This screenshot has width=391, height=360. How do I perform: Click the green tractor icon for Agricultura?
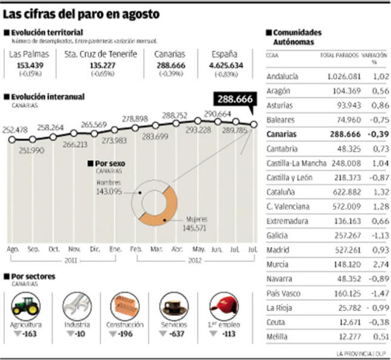tap(26, 306)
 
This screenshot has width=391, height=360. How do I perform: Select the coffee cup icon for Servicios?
tap(174, 306)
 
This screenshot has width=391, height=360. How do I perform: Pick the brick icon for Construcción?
tap(125, 306)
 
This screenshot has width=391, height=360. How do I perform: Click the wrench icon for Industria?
tap(77, 306)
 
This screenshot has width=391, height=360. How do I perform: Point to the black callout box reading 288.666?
tap(235, 99)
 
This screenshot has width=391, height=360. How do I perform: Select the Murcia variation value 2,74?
tap(381, 264)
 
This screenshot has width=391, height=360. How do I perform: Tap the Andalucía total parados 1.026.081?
tap(344, 77)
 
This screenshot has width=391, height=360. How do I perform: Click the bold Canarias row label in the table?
tap(281, 134)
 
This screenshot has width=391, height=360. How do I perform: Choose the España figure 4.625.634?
tap(226, 65)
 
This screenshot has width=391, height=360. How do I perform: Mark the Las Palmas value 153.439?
tap(30, 65)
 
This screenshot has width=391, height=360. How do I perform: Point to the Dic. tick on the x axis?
tap(95, 249)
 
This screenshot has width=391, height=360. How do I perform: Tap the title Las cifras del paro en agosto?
tap(81, 14)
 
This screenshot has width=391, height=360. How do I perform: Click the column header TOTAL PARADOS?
tap(339, 55)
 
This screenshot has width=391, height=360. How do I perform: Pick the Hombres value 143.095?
tap(109, 192)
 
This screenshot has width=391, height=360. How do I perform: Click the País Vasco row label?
tap(283, 293)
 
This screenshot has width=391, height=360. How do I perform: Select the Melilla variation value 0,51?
tap(381, 337)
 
